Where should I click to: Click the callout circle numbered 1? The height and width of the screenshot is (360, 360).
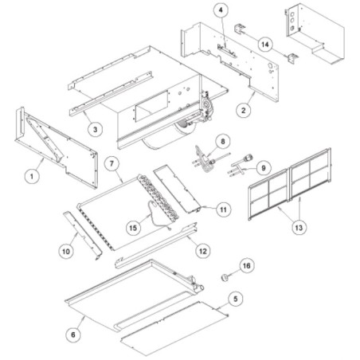click(x=32, y=176)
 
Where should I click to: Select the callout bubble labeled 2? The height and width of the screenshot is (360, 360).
click(x=244, y=110)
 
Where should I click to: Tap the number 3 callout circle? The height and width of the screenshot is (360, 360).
click(x=95, y=130)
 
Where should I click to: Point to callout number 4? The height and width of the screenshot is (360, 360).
click(x=221, y=10)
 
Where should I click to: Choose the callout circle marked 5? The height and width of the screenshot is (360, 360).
click(x=235, y=299)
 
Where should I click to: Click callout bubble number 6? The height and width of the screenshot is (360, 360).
click(x=73, y=335)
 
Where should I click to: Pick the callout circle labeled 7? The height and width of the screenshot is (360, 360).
click(x=112, y=163)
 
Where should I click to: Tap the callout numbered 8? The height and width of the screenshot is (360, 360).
click(x=222, y=142)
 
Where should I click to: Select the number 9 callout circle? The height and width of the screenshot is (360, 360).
click(x=263, y=168)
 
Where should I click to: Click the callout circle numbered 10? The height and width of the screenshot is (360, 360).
click(x=66, y=251)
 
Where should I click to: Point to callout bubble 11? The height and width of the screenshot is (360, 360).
click(x=224, y=209)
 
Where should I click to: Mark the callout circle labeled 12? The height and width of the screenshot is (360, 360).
click(x=203, y=251)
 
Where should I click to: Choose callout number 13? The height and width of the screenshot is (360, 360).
click(x=299, y=228)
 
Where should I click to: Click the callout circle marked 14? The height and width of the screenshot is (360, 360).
click(x=265, y=45)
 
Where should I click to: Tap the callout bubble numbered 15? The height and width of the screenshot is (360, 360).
click(x=133, y=228)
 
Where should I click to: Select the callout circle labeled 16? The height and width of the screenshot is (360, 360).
click(x=247, y=266)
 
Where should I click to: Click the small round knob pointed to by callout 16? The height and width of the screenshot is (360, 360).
click(x=225, y=278)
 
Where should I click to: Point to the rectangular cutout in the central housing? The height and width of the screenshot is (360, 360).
click(x=152, y=106)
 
